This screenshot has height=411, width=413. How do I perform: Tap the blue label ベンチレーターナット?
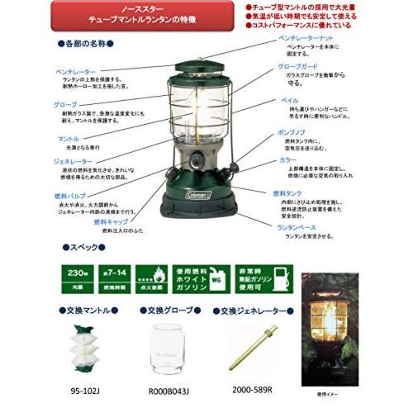[306, 38]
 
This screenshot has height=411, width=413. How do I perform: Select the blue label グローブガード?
[298, 66]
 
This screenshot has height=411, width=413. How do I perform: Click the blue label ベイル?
[289, 101]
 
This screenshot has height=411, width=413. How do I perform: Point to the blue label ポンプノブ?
[292, 133]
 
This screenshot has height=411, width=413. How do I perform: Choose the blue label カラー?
[288, 160]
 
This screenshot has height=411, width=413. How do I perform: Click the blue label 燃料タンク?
[287, 194]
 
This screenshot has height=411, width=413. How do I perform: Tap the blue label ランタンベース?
[296, 228]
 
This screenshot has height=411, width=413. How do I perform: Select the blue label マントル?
[68, 139]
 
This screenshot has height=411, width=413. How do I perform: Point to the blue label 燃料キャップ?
[110, 222]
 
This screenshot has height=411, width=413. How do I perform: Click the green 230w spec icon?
[77, 279]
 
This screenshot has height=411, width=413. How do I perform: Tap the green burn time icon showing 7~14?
[114, 279]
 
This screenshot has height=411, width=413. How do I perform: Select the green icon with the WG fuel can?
[201, 279]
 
